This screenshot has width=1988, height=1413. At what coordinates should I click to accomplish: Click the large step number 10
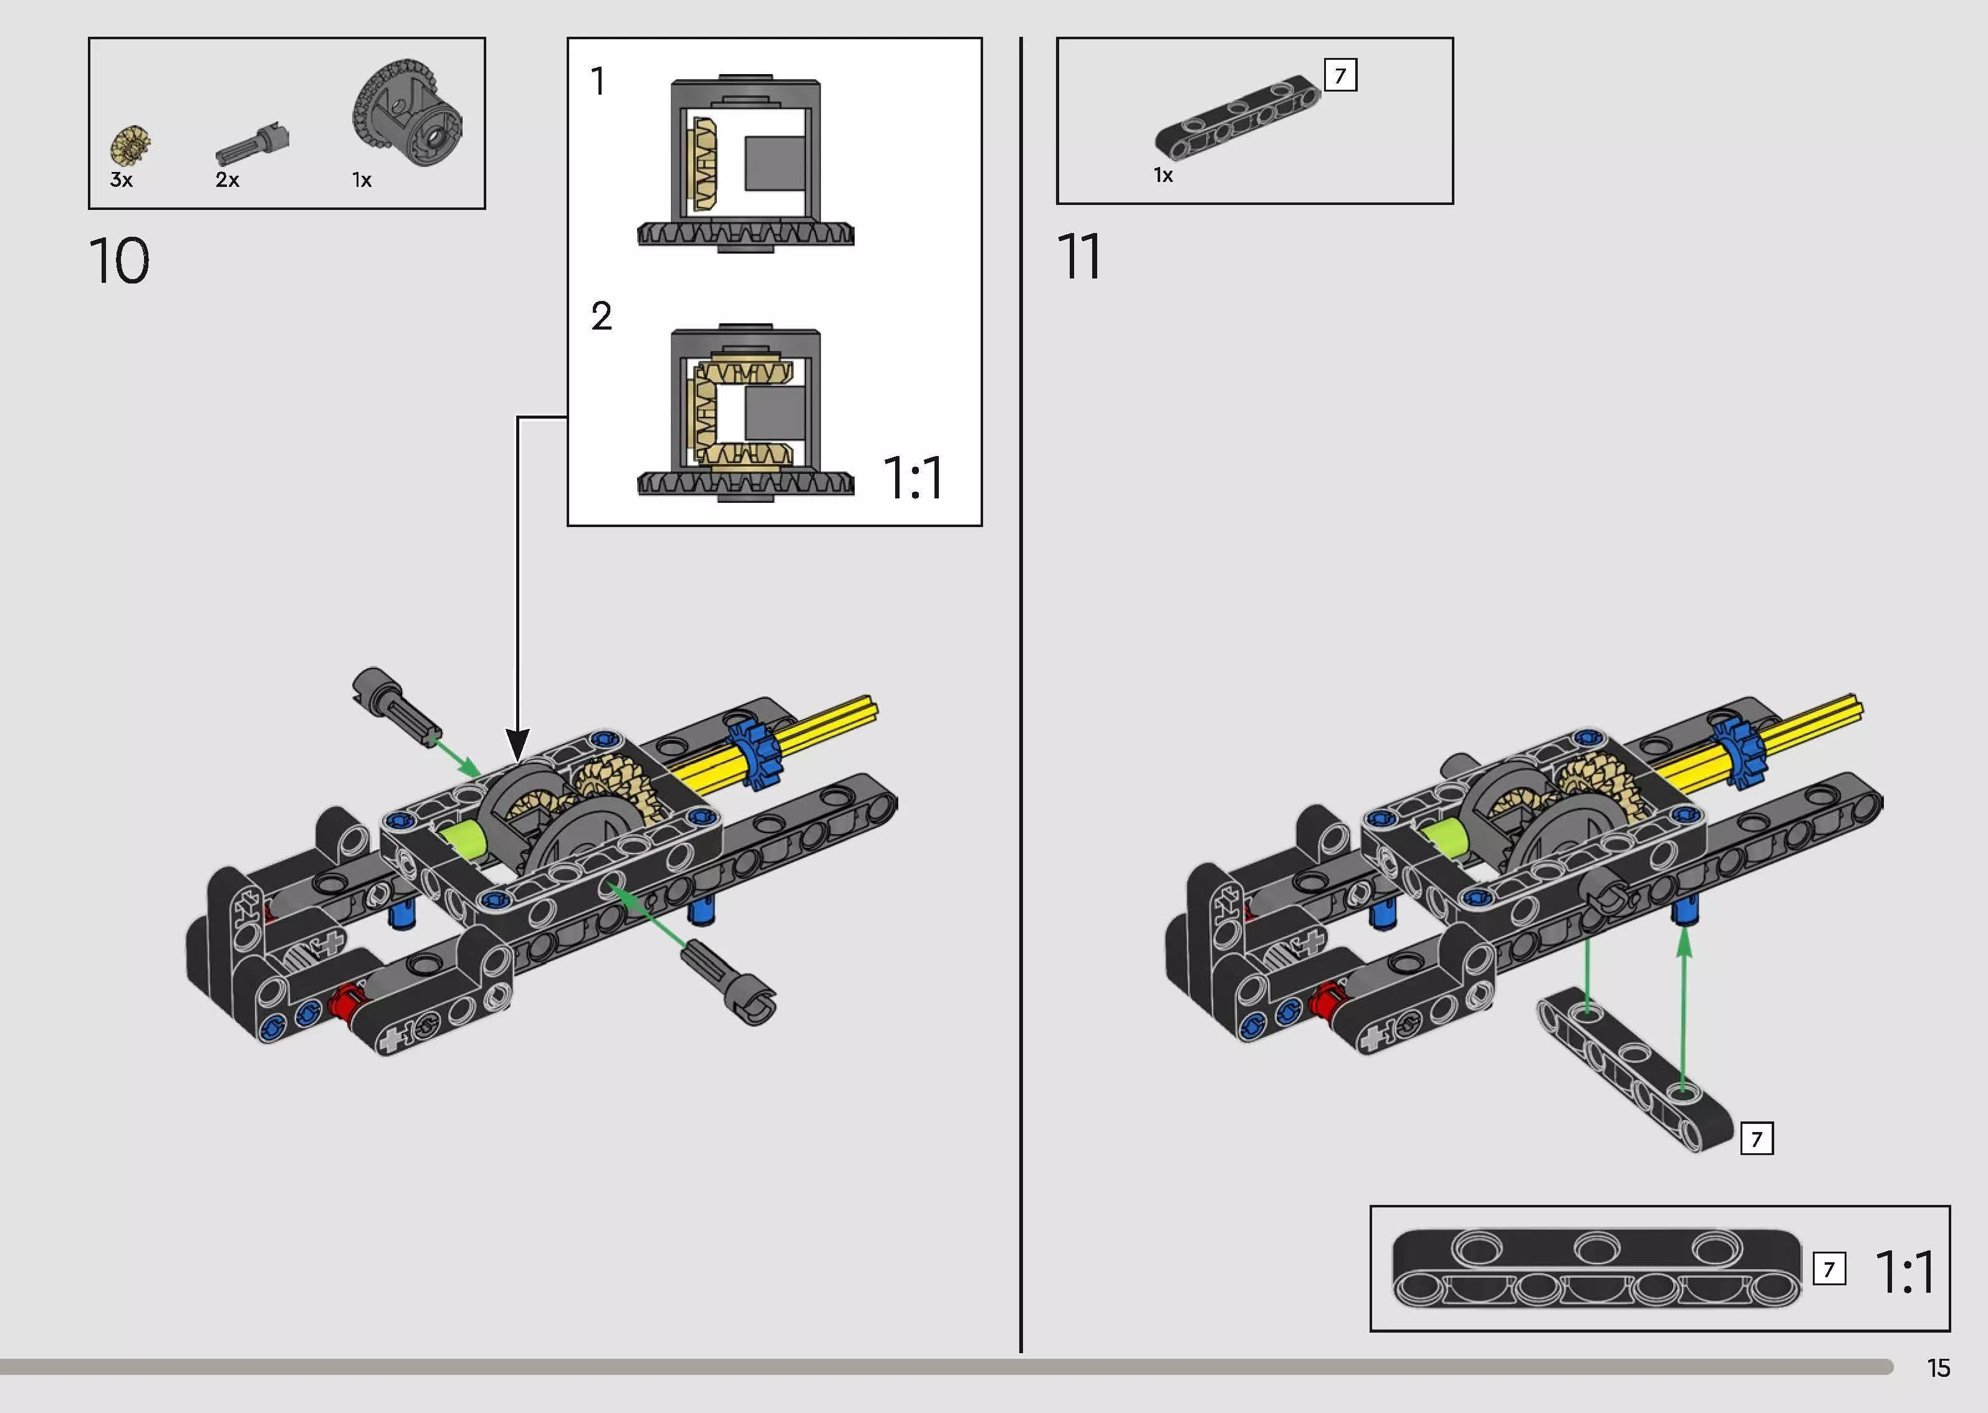pos(119,261)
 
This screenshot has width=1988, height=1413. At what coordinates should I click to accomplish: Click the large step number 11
pos(1078,257)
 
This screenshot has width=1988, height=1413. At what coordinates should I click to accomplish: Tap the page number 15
pos(1938,1369)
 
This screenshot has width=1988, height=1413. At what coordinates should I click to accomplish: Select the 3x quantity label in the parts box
pos(121,180)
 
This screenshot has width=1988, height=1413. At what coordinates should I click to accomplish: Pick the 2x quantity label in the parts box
pos(227,180)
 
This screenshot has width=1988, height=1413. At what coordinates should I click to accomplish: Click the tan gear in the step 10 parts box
pos(130,145)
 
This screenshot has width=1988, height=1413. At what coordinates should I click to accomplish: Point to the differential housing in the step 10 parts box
pos(406,112)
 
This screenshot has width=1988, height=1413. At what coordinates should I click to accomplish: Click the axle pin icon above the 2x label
pos(252,143)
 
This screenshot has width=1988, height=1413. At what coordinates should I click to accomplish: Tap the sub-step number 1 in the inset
pos(597,82)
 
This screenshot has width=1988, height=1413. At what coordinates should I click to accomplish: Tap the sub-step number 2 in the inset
pos(602,316)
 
